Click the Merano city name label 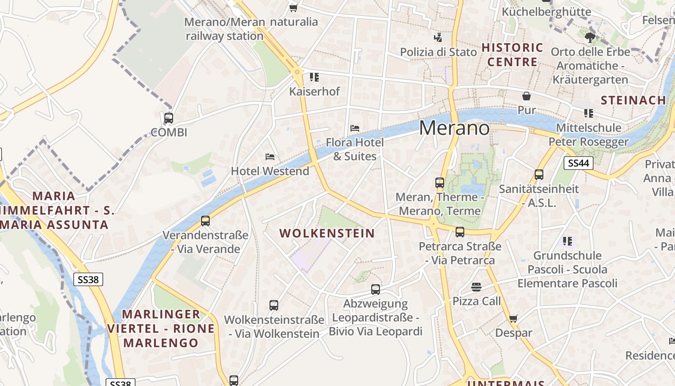click(x=454, y=128)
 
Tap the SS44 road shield click(x=578, y=163)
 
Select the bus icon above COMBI click(x=169, y=118)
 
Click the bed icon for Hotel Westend click(x=270, y=157)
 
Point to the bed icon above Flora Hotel click(x=355, y=128)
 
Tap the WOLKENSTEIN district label click(x=327, y=234)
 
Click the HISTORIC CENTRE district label click(x=512, y=55)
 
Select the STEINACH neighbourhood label click(x=633, y=100)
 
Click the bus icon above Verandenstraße click(x=205, y=221)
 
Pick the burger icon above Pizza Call click(x=476, y=287)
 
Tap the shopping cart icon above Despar click(x=513, y=318)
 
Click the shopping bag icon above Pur click(x=526, y=96)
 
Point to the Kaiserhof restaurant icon click(x=314, y=77)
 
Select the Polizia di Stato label click(x=438, y=52)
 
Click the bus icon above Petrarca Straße click(x=460, y=232)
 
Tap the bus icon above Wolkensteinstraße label click(x=274, y=305)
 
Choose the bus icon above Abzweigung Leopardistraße click(x=376, y=289)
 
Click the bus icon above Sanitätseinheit click(x=539, y=175)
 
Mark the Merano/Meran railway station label click(x=225, y=29)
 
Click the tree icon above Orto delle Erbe click(x=589, y=38)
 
